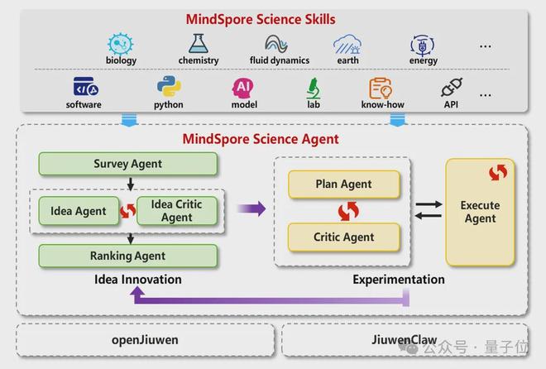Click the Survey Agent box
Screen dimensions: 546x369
(127, 164)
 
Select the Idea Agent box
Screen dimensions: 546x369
(79, 211)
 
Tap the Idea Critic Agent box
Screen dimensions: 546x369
(177, 211)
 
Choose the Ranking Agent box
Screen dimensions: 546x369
(127, 256)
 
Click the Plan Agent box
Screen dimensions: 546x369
(343, 184)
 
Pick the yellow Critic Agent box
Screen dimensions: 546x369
(343, 237)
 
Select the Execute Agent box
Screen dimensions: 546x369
(480, 212)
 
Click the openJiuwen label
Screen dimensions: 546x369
(145, 340)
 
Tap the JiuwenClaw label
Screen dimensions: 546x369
(405, 339)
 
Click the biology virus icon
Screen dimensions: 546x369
(121, 44)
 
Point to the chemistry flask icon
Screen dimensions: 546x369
(199, 44)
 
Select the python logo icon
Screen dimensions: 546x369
(169, 86)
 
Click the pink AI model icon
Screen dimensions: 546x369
(243, 88)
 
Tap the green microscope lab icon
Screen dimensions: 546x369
(314, 88)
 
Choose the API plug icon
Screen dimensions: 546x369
(452, 87)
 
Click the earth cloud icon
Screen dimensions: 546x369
(347, 45)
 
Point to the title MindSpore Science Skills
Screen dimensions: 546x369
(261, 20)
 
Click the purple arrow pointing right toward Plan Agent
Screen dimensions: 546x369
(251, 208)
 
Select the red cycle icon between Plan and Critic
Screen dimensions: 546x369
(348, 211)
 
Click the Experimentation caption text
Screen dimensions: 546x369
(399, 280)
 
